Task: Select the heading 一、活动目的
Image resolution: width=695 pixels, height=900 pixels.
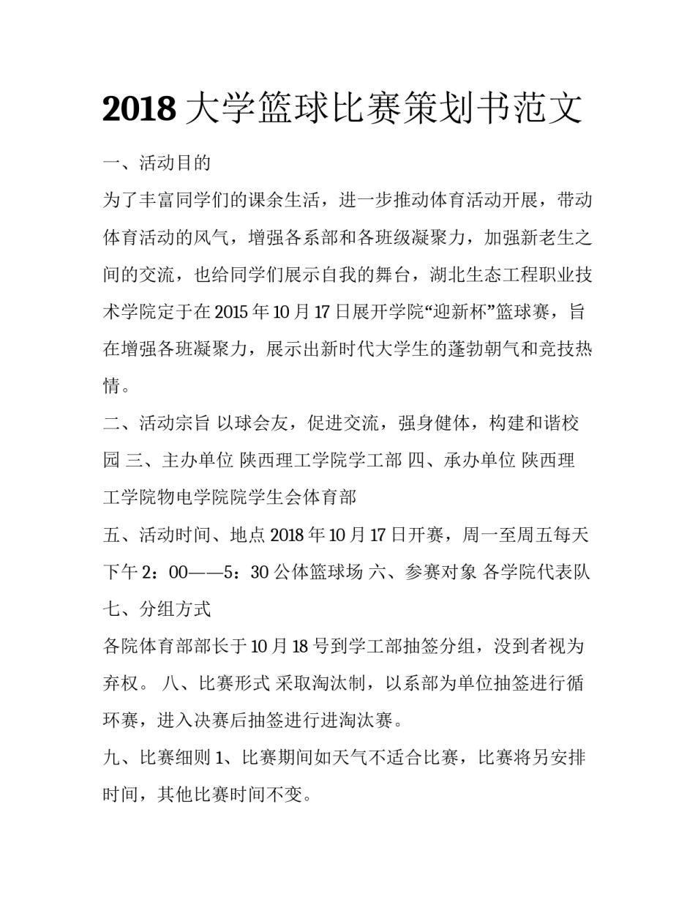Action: tap(157, 163)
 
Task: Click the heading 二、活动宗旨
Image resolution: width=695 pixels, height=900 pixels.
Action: tap(157, 424)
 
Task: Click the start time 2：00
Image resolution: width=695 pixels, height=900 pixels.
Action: tap(167, 573)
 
